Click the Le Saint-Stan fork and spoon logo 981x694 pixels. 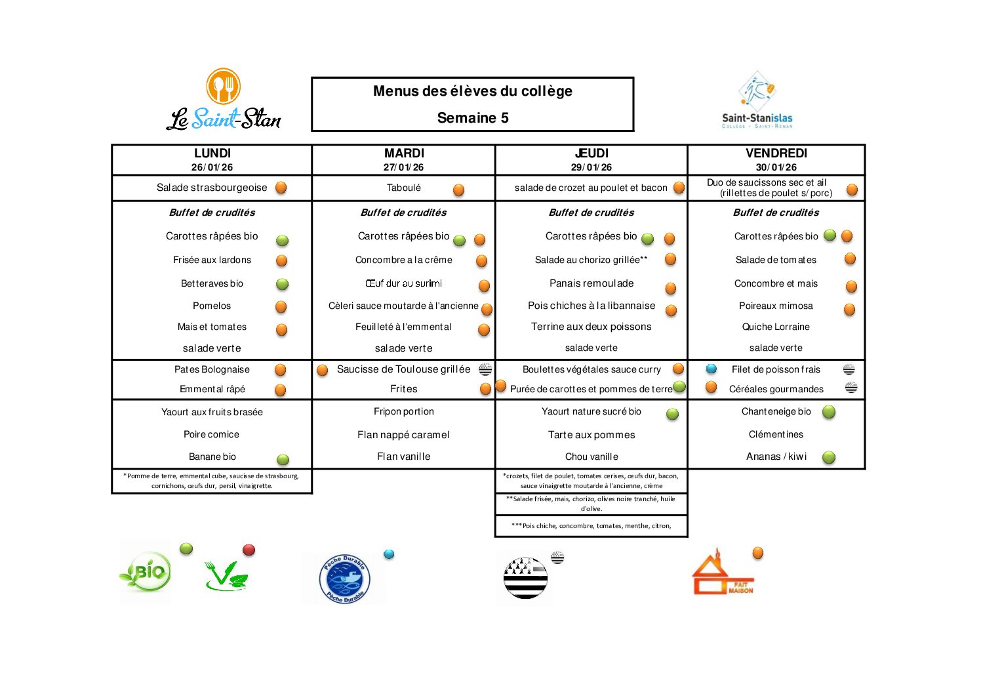(224, 86)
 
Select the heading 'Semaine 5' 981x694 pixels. (473, 118)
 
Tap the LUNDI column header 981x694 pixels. (212, 153)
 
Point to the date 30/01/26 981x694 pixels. (776, 167)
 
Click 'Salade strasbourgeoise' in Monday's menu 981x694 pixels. (212, 188)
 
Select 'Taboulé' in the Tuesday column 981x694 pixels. (404, 188)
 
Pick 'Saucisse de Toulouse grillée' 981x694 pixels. (403, 369)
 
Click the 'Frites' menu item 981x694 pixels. (404, 389)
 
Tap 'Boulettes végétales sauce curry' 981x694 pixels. (591, 369)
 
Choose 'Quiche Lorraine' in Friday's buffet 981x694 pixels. (776, 327)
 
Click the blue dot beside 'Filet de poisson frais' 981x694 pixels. (711, 369)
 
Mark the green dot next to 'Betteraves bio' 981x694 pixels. (282, 284)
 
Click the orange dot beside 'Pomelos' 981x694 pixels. (281, 306)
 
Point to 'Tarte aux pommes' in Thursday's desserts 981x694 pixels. (591, 435)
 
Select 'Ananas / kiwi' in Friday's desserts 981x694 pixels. (776, 457)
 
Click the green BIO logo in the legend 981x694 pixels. (146, 573)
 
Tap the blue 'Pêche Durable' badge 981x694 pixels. (345, 579)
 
